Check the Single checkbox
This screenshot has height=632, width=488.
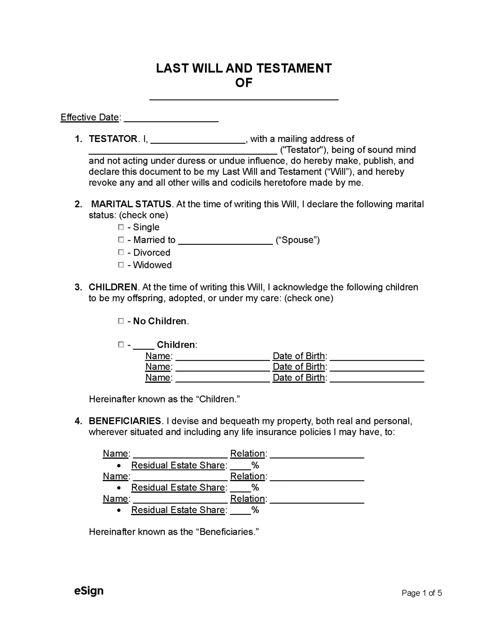coord(121,227)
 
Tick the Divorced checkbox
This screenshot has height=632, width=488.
coord(121,252)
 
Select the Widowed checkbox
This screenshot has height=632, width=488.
coord(121,265)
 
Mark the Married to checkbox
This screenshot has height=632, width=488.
coord(121,240)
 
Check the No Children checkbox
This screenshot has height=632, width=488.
coord(121,321)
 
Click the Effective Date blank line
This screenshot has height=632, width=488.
coord(171,118)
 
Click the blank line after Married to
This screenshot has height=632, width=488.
coord(225,241)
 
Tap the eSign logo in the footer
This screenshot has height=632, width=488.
coord(89,591)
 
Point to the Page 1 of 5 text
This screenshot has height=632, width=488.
coord(422,593)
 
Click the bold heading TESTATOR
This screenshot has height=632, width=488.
coord(113,139)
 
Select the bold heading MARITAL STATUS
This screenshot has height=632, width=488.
coord(131,204)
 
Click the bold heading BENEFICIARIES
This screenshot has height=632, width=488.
coord(125,421)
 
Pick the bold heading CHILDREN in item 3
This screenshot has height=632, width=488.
coord(113,287)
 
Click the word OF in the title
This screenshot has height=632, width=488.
coord(244,83)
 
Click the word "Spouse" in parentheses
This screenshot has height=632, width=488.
coord(298,240)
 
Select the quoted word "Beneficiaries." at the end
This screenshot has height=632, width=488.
coord(228,532)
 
